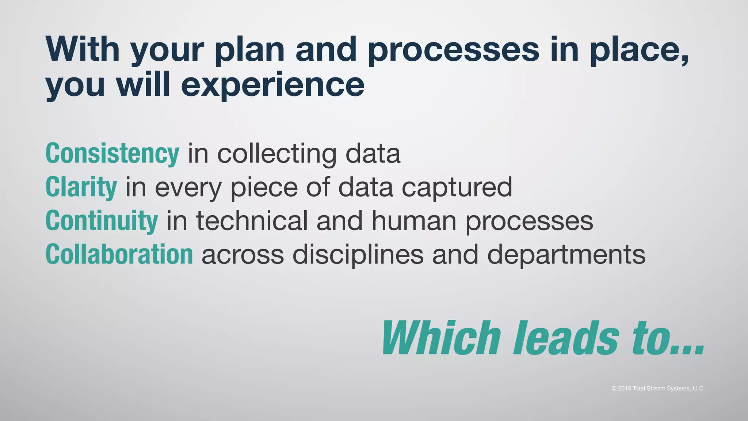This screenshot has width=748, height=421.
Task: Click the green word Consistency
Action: (x=112, y=153)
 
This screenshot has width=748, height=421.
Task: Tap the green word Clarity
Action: (x=81, y=187)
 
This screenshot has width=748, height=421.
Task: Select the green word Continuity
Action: (x=102, y=221)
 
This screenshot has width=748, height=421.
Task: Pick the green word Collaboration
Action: (x=119, y=254)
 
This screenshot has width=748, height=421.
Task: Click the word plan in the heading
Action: (x=249, y=50)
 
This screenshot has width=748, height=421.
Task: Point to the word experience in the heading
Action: (x=272, y=85)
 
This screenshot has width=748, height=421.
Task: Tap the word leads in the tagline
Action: (x=566, y=338)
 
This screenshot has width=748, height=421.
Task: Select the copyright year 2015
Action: (x=625, y=388)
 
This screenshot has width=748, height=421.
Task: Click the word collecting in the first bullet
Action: (x=276, y=153)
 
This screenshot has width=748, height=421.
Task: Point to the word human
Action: (x=414, y=221)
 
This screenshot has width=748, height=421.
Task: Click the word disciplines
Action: (x=358, y=254)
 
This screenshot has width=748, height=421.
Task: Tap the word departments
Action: (x=566, y=254)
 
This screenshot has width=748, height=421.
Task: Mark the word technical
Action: (x=252, y=221)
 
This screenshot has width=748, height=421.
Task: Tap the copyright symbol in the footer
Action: (x=614, y=388)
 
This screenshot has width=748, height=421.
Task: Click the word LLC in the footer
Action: (x=698, y=388)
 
